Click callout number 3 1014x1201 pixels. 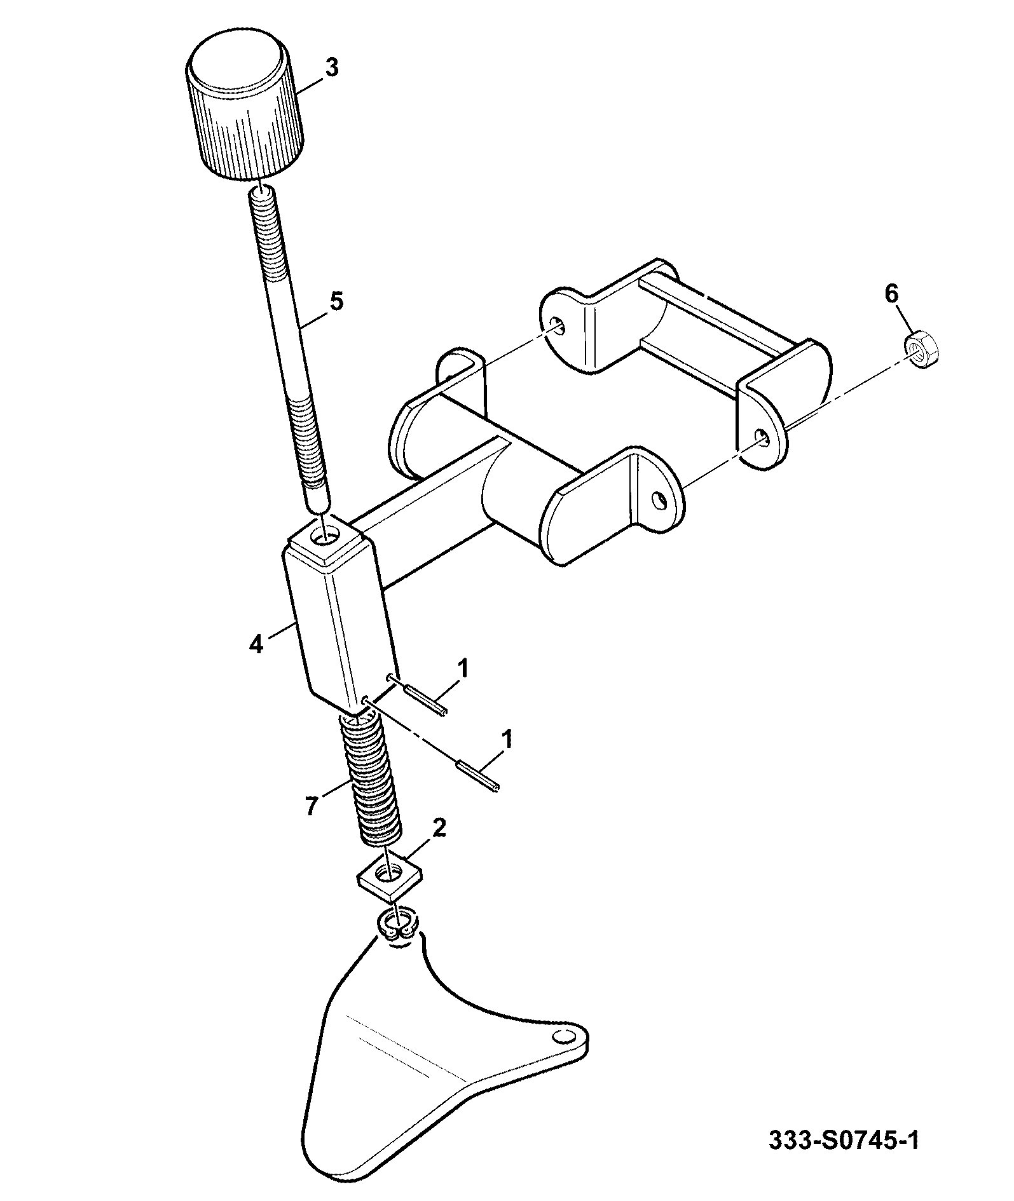click(331, 68)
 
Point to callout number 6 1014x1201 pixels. click(892, 294)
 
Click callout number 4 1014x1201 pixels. click(255, 644)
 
